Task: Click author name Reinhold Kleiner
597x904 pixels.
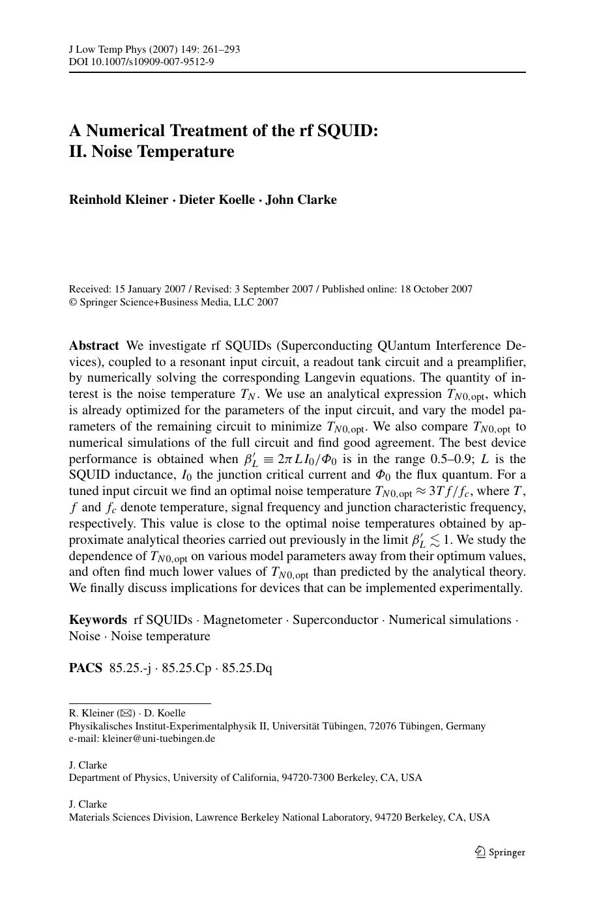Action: point(118,200)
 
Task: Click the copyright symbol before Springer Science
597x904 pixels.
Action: point(72,302)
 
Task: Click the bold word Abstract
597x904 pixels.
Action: point(94,346)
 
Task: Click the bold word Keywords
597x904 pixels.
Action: point(98,620)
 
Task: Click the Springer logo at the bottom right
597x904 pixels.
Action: point(500,852)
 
